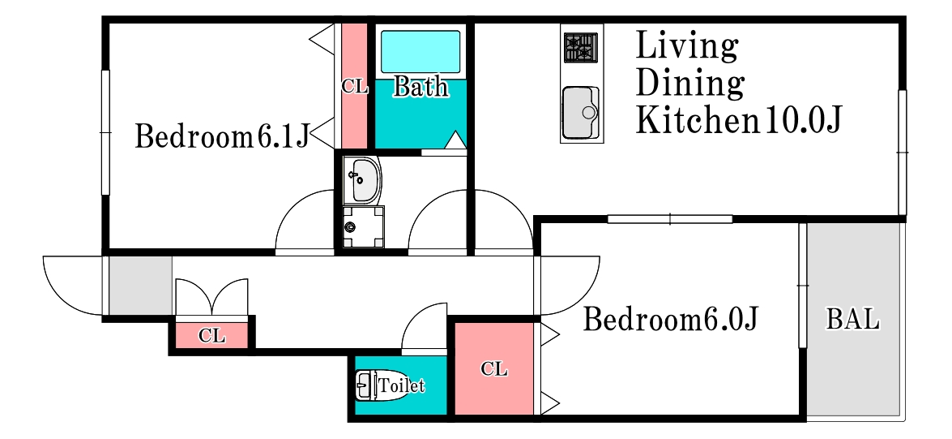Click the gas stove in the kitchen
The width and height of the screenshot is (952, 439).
coord(581,47)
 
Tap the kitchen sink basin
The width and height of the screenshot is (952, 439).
coord(581,113)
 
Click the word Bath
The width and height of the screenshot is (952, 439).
coord(421,87)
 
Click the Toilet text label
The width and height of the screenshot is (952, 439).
coord(401,385)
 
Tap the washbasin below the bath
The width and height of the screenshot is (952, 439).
coord(362,180)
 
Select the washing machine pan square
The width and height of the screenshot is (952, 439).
coord(363,227)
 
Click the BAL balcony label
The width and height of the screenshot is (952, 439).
coord(852,319)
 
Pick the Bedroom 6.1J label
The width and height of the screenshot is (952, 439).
coord(222,136)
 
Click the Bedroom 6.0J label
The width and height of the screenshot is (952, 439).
coord(671,319)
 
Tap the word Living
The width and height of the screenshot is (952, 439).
coord(687,47)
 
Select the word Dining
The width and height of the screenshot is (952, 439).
coord(690,84)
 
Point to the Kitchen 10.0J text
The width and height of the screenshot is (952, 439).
coord(738,120)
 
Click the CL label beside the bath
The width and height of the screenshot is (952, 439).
coord(355,87)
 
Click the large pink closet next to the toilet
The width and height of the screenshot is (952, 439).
coord(493,368)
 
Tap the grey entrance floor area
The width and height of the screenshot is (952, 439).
coord(140,286)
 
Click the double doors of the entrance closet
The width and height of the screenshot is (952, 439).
coord(212,298)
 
